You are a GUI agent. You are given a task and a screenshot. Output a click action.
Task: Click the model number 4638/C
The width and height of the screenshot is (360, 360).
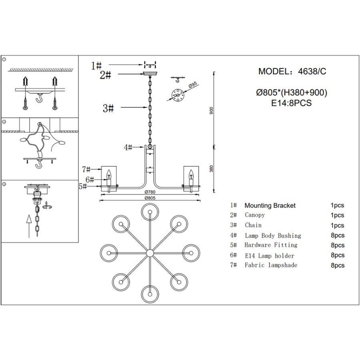(312, 72)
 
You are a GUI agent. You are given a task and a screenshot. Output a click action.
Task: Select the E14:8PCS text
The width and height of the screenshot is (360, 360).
(291, 103)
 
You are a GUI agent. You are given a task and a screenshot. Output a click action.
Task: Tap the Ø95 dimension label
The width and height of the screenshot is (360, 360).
(193, 85)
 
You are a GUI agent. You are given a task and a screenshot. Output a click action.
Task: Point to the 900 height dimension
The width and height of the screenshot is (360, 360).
(212, 110)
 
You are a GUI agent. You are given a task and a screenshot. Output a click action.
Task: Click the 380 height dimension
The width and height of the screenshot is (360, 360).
(212, 169)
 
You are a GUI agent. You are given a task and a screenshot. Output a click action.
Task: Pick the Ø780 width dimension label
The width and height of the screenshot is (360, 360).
(150, 191)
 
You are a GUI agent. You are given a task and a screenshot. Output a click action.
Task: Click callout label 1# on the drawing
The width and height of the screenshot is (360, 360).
(96, 65)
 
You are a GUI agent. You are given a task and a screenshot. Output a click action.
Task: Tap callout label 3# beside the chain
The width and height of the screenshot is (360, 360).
(108, 108)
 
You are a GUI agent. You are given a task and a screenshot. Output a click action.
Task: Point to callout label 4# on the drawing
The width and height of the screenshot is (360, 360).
(128, 148)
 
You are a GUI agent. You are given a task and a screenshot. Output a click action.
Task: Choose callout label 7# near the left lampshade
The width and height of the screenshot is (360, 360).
(86, 170)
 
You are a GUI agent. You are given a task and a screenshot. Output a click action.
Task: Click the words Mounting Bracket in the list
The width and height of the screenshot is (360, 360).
(270, 206)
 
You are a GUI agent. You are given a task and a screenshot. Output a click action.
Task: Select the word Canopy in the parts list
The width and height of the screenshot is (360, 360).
(255, 215)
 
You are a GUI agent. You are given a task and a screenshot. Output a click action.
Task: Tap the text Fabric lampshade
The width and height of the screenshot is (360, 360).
(271, 265)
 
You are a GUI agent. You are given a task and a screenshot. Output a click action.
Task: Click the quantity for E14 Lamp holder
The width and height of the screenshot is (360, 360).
(337, 255)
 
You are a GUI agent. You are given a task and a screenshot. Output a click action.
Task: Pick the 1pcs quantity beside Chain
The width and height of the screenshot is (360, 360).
(337, 226)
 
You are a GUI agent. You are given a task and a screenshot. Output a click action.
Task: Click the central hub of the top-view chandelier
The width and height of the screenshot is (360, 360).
(150, 252)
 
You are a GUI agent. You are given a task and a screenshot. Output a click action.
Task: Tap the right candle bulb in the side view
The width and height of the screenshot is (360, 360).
(190, 174)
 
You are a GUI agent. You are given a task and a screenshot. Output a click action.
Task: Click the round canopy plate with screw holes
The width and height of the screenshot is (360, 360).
(176, 95)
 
